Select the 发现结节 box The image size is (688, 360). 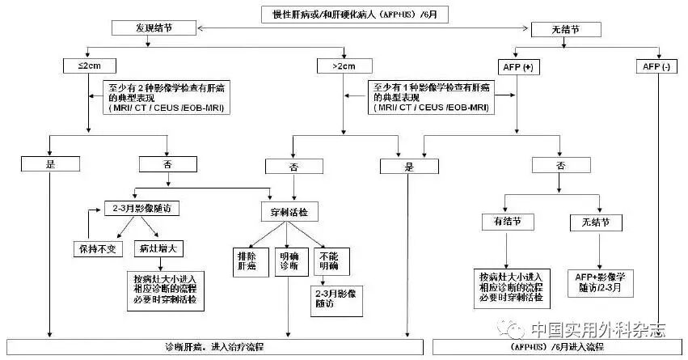tap(154, 28)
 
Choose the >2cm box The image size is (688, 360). tap(340, 66)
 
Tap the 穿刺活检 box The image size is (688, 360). tap(289, 211)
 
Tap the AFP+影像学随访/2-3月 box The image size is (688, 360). tap(599, 280)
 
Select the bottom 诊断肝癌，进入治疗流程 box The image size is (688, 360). tap(213, 346)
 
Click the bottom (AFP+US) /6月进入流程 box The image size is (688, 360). tap(559, 346)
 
